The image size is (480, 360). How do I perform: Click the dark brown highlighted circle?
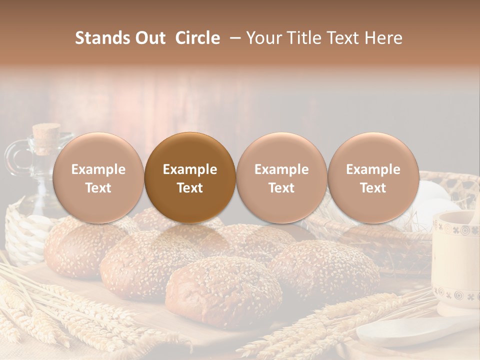pyautogui.click(x=190, y=177)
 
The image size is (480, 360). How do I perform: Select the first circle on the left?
pyautogui.click(x=98, y=177)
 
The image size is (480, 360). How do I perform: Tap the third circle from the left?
pyautogui.click(x=281, y=177)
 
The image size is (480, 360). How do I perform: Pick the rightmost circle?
pyautogui.click(x=373, y=177)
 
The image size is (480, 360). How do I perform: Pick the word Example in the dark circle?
pyautogui.click(x=190, y=169)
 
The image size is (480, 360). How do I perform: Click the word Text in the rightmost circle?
pyautogui.click(x=373, y=188)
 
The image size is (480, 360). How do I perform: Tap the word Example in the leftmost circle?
pyautogui.click(x=98, y=169)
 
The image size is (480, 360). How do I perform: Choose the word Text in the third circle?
pyautogui.click(x=281, y=188)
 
